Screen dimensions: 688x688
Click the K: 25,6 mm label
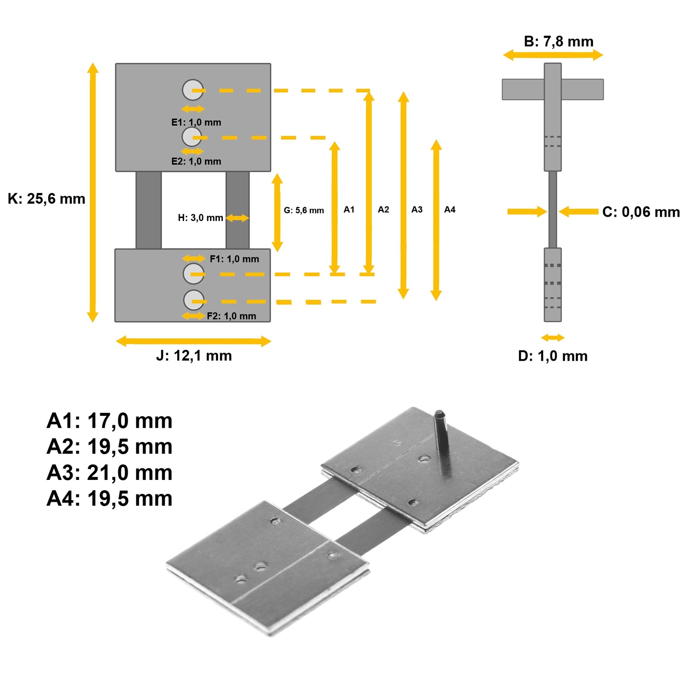coord(46,199)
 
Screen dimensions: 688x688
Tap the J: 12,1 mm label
coord(194,356)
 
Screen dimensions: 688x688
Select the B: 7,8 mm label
coord(558,41)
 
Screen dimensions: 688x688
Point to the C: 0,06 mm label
coord(641,212)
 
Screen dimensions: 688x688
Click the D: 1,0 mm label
coord(553,356)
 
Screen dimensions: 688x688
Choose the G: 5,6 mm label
coord(304,210)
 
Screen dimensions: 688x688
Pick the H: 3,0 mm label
coord(200,218)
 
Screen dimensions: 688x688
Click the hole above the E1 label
coord(192,90)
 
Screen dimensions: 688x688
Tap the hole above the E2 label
coord(192,137)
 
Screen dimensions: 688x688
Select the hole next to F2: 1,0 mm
coord(193,300)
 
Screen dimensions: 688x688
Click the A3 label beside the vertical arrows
coord(417,209)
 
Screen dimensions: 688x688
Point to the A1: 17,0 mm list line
coord(109,421)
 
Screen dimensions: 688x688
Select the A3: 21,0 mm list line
coord(109,473)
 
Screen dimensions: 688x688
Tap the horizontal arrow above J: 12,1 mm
coord(193,341)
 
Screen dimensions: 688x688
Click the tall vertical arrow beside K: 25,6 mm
coord(92,192)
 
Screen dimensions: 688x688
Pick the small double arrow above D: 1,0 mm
coord(553,338)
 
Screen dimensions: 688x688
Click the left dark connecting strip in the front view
coord(148,210)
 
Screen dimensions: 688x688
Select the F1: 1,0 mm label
coord(234,259)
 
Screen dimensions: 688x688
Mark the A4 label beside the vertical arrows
coord(449,209)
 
